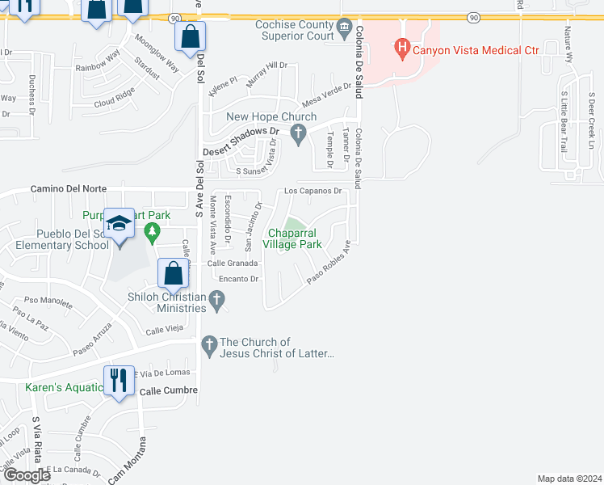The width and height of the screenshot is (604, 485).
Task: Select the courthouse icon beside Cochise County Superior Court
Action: pos(345,31)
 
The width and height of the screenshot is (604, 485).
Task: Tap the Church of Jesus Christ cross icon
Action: pos(209,346)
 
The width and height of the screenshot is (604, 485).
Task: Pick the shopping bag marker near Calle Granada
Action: pos(174,273)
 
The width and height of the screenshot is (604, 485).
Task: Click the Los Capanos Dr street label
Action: pos(314,192)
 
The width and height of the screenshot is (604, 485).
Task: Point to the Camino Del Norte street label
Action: pos(69,188)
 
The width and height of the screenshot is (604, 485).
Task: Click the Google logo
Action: pos(27,475)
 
